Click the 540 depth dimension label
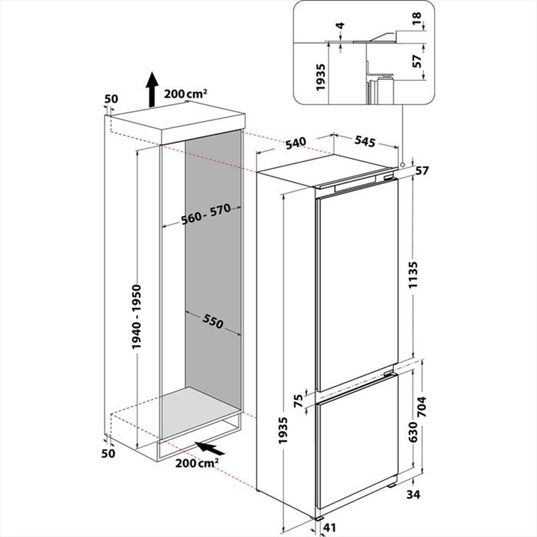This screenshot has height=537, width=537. pyautogui.click(x=295, y=142)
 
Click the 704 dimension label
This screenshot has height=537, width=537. pyautogui.click(x=422, y=408)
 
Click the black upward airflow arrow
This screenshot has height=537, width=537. pyautogui.click(x=152, y=89)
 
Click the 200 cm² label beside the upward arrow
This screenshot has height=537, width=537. pyautogui.click(x=186, y=94)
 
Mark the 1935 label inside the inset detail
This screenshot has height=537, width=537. pyautogui.click(x=321, y=75)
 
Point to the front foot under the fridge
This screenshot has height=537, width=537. pyautogui.click(x=321, y=518)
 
